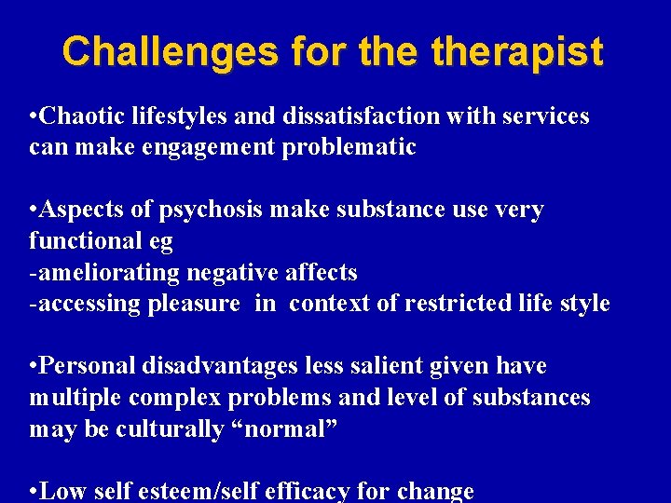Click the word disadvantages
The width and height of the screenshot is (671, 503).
(217, 366)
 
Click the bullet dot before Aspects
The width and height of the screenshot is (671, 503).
(34, 211)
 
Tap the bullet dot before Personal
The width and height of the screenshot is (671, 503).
(34, 367)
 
